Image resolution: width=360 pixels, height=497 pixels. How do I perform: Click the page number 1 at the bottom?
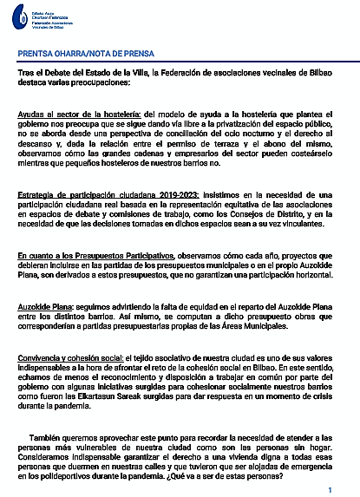click(x=342, y=490)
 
